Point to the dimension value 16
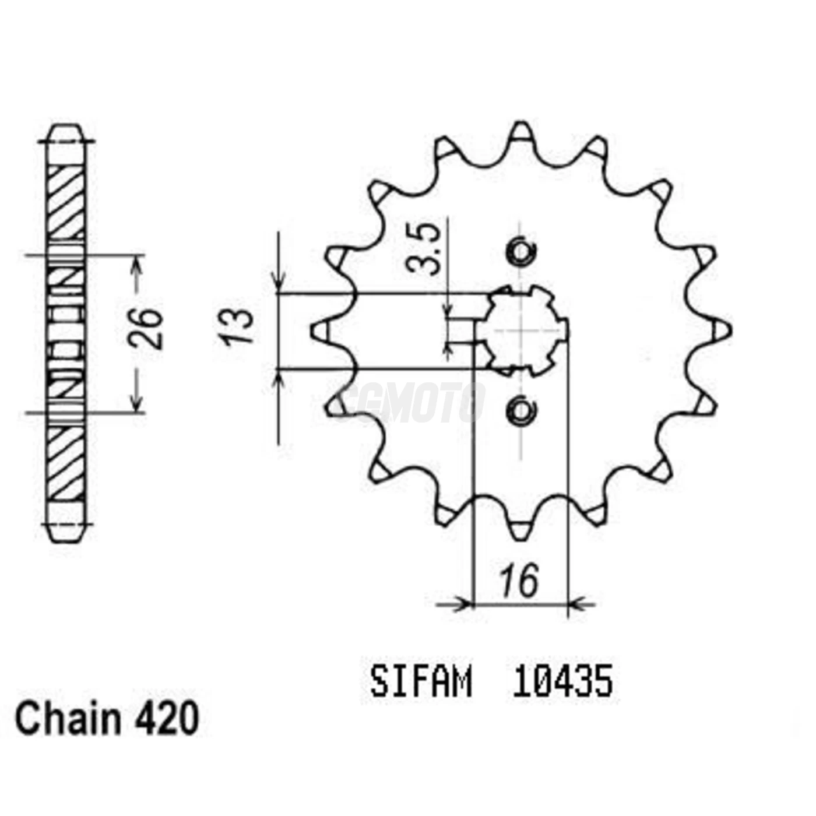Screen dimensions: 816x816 [x=519, y=581]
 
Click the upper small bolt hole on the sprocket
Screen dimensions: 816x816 [x=520, y=252]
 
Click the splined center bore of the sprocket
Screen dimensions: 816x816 [x=522, y=330]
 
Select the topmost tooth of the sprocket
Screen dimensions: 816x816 [x=520, y=133]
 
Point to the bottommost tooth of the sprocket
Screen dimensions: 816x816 [x=520, y=528]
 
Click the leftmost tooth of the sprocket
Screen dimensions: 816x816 [x=319, y=331]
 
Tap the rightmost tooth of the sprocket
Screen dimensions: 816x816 [x=723, y=330]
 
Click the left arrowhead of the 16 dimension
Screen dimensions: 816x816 [x=464, y=604]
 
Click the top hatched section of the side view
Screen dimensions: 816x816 [x=65, y=201]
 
